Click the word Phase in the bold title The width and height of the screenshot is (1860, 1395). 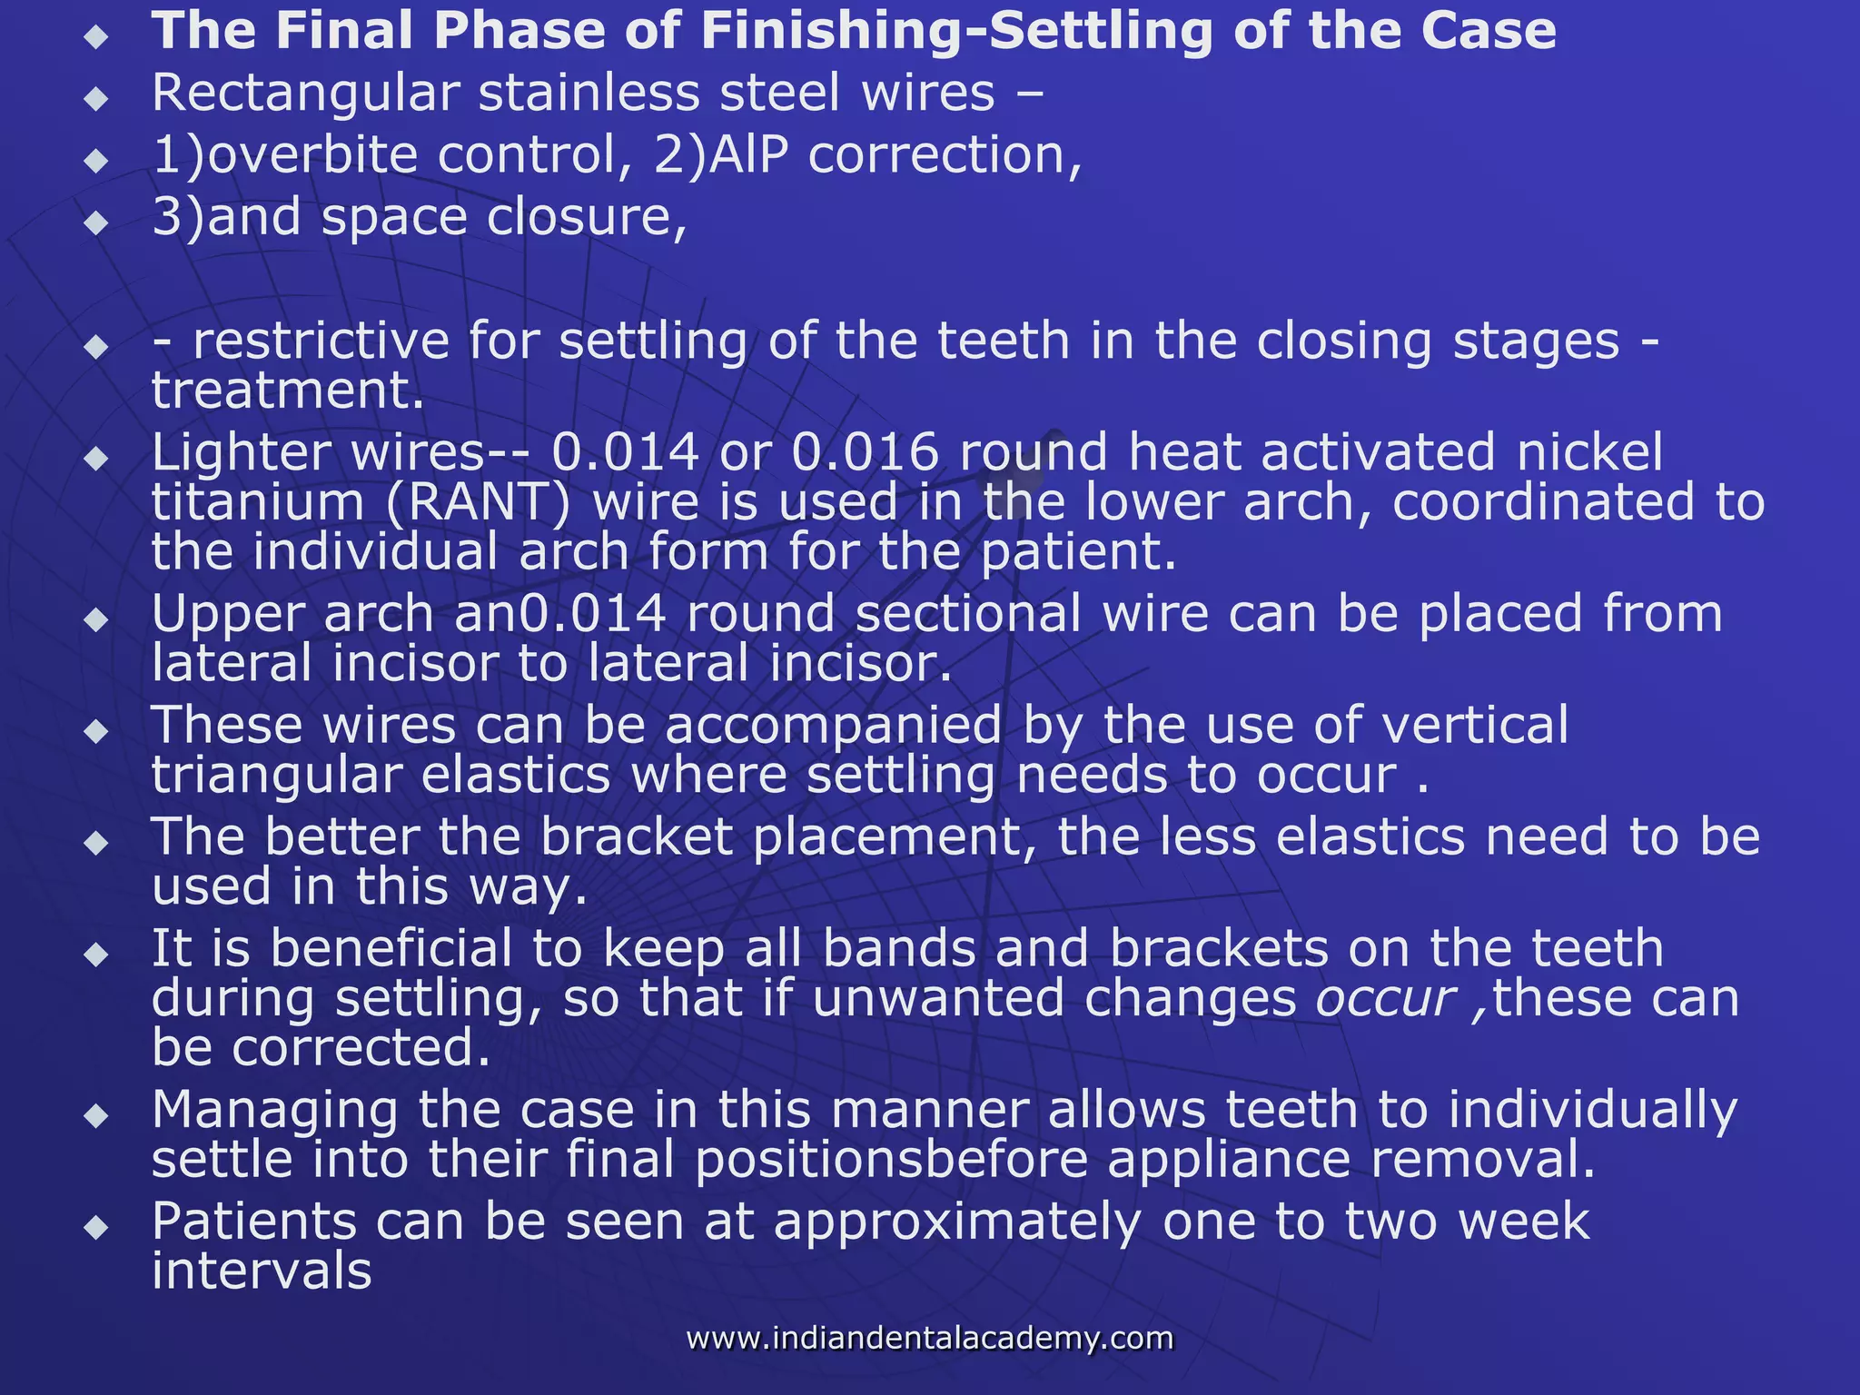point(519,31)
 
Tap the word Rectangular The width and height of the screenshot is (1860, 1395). point(304,94)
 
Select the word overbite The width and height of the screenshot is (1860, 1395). point(312,155)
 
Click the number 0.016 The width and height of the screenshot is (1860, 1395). point(865,453)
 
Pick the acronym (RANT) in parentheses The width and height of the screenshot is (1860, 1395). point(479,503)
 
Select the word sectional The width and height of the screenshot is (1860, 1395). point(968,615)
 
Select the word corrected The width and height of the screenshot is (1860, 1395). point(361,1049)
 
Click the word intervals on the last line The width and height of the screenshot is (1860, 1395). point(262,1272)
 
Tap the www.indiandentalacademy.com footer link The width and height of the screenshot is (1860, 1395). point(929,1339)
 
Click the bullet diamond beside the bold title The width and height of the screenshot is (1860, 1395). point(95,37)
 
